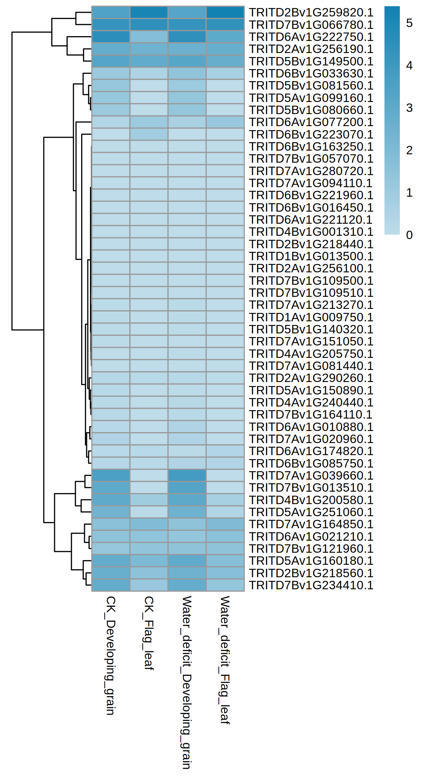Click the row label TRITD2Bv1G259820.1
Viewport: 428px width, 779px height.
click(311, 12)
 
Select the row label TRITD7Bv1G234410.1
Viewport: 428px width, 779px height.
click(311, 585)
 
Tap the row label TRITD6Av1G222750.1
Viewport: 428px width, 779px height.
click(311, 37)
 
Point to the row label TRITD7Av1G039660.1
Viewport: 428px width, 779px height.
click(311, 476)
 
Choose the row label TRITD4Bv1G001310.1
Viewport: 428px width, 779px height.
click(311, 232)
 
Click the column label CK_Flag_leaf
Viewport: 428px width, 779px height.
click(149, 633)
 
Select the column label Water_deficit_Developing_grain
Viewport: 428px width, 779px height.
click(187, 682)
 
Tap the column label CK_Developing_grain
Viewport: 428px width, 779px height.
click(110, 655)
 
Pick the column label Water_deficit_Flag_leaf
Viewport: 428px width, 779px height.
click(225, 659)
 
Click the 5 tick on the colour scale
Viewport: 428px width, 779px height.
click(409, 23)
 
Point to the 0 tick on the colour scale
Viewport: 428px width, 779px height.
click(409, 235)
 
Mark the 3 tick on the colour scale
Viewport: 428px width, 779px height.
click(409, 108)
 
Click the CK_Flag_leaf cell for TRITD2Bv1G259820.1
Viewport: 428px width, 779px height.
click(149, 12)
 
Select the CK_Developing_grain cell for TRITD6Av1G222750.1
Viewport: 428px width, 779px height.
click(111, 37)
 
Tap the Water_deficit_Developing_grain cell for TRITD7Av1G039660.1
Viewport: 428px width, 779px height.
click(187, 476)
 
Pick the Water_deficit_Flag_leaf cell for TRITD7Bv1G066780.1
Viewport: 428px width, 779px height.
click(225, 25)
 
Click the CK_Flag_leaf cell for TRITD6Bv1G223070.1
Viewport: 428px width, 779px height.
click(149, 135)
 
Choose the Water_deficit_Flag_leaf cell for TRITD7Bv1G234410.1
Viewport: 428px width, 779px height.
click(225, 585)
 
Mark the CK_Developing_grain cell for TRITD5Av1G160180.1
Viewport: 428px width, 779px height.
click(111, 561)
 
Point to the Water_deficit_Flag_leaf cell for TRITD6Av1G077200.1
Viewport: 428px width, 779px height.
click(225, 122)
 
